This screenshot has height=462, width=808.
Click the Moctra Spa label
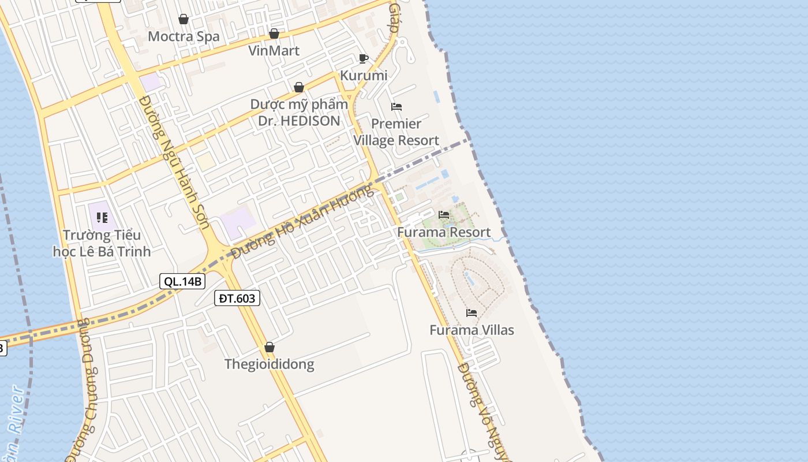(x=184, y=36)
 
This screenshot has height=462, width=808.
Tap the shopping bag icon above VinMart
(x=274, y=33)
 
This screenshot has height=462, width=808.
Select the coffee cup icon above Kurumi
(x=364, y=58)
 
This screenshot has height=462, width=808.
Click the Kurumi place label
(x=364, y=76)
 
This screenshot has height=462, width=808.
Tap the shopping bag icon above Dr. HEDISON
(x=299, y=87)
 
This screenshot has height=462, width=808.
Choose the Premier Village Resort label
(x=396, y=132)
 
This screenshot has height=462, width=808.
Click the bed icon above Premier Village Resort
(x=396, y=107)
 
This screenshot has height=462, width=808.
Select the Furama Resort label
(x=444, y=232)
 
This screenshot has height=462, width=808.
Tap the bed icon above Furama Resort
(x=444, y=215)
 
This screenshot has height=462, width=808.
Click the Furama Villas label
(x=472, y=330)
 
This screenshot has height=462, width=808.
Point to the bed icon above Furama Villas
(x=472, y=313)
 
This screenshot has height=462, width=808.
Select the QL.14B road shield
(x=182, y=281)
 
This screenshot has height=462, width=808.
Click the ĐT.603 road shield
(x=237, y=298)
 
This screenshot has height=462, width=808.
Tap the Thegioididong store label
(x=269, y=364)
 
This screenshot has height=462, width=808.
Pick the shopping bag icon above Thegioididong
(x=269, y=347)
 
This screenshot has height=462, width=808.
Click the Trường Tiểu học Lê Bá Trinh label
(x=102, y=243)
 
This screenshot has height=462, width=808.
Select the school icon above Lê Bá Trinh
(x=102, y=218)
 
